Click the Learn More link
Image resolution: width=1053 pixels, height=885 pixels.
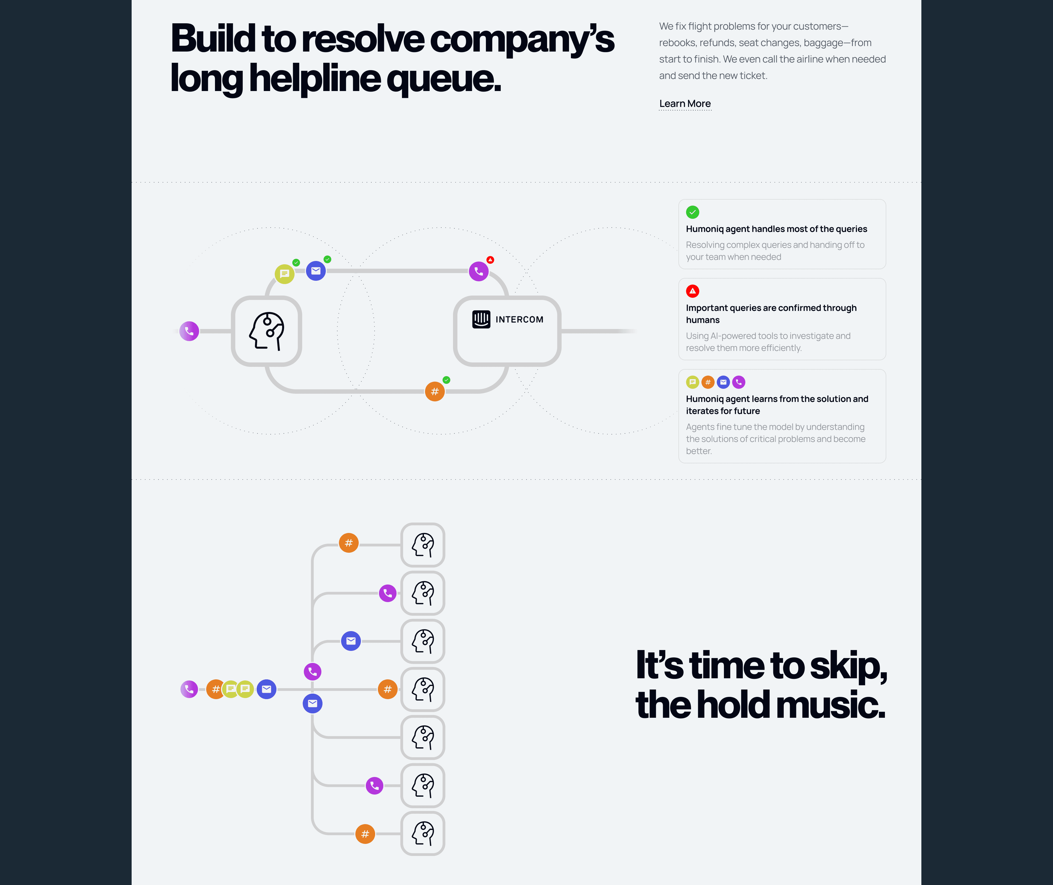tap(685, 104)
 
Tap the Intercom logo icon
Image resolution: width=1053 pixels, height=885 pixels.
tap(481, 319)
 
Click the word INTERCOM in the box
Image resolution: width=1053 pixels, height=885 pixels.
tap(519, 320)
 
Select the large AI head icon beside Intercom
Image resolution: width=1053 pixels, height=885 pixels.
tap(266, 331)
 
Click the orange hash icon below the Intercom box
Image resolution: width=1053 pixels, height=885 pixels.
tap(434, 391)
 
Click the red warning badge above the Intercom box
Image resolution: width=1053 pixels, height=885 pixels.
tap(490, 260)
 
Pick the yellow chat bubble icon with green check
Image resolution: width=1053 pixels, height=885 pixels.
tap(284, 274)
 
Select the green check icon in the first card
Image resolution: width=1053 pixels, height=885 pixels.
tap(692, 212)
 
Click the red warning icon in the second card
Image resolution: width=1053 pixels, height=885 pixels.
tap(692, 291)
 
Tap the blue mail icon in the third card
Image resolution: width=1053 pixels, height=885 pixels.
tap(723, 382)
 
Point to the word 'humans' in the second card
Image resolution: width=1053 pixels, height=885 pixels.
tap(702, 320)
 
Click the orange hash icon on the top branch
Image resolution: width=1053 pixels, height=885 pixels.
tap(349, 543)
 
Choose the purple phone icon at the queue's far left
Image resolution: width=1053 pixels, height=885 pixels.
tap(189, 689)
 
